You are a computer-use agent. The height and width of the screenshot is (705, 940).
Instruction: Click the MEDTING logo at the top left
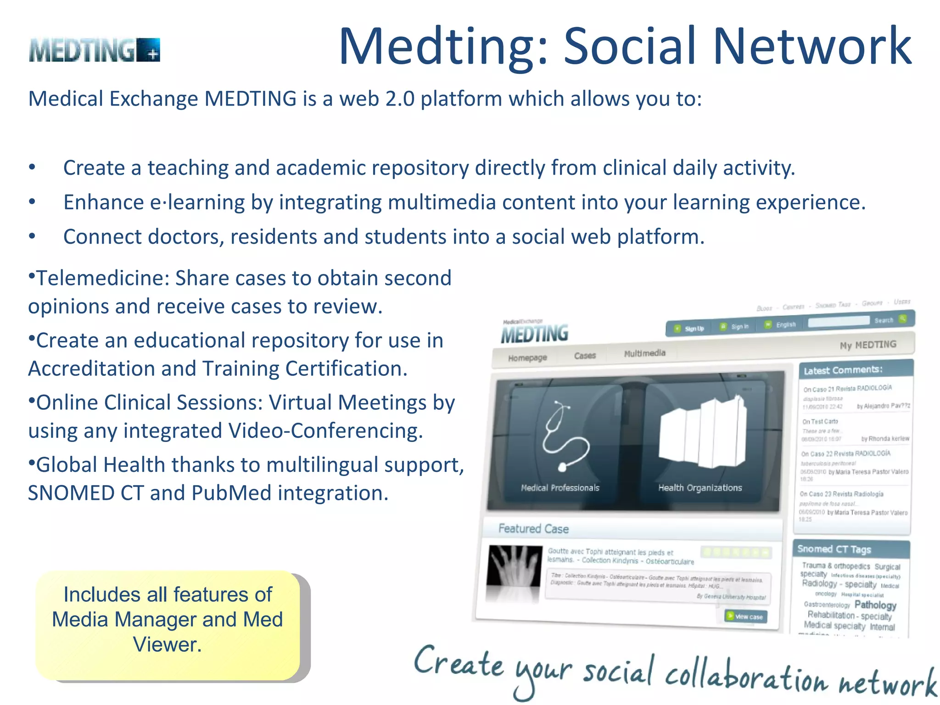(94, 50)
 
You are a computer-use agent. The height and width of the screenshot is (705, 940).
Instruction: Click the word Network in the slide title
(812, 46)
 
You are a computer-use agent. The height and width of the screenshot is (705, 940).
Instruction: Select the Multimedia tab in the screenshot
(644, 353)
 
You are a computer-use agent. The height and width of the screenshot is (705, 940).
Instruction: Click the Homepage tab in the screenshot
(527, 358)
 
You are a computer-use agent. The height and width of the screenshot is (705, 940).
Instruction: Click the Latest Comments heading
(843, 370)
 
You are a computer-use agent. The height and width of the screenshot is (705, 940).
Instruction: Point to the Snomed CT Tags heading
(834, 549)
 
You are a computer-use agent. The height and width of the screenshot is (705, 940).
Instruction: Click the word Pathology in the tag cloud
(875, 605)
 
